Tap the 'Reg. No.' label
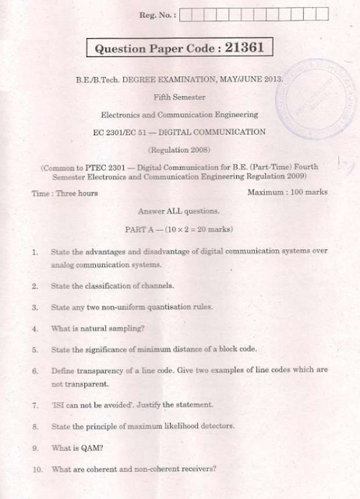point(157,14)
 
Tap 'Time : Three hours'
point(65,193)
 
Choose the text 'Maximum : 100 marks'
point(287,192)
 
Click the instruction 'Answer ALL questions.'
point(178,211)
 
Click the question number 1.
point(35,253)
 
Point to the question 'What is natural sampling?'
point(97,328)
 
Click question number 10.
point(37,469)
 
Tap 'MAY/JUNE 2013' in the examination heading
point(251,79)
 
